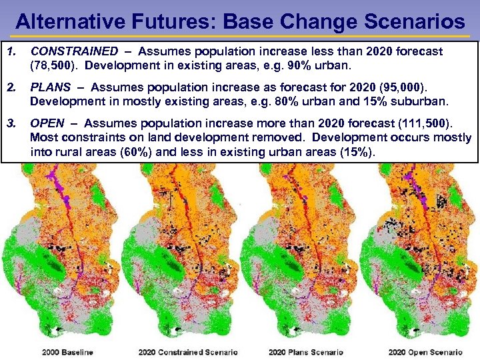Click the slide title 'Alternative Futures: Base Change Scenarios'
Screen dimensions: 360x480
[240, 21]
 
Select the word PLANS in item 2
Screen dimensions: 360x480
[50, 87]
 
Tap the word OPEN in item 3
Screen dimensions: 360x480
[47, 123]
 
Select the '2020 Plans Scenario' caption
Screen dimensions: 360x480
[306, 352]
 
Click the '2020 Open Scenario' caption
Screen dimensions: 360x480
[425, 352]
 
